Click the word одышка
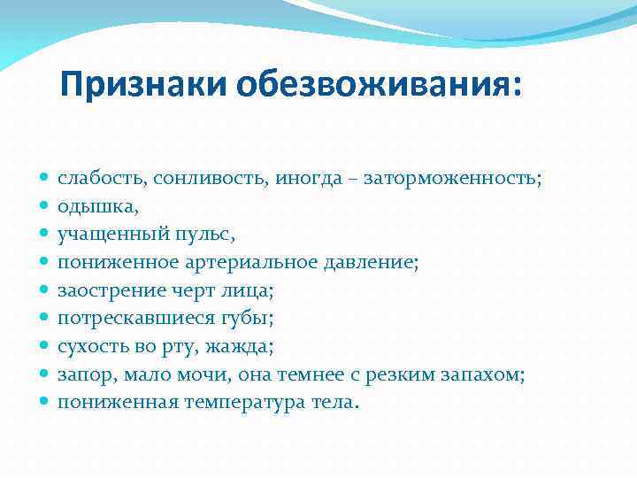click(x=96, y=207)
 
